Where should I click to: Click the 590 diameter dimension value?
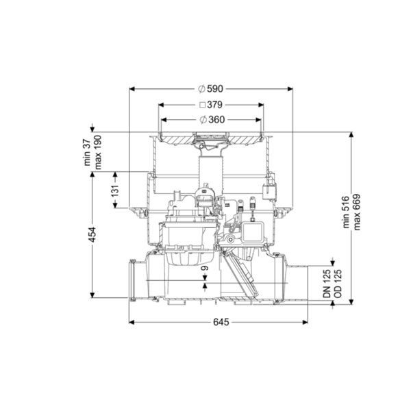(x=215, y=89)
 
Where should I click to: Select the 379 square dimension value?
(x=214, y=105)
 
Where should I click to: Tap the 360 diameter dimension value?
(x=216, y=120)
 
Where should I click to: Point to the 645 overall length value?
(x=221, y=322)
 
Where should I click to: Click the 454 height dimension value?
(x=92, y=234)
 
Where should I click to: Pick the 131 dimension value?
(x=115, y=190)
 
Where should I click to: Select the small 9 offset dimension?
(x=205, y=268)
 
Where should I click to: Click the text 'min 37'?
(x=87, y=153)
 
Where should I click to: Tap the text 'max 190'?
(x=97, y=152)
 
